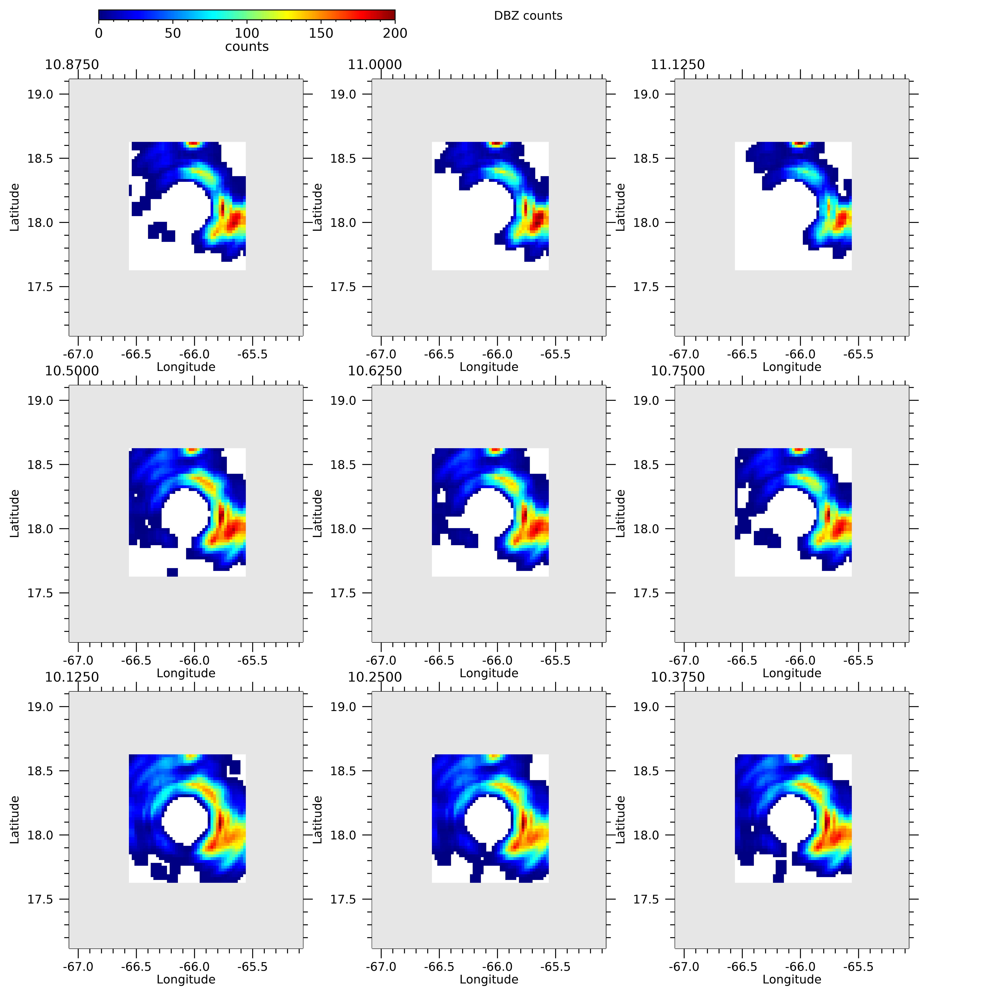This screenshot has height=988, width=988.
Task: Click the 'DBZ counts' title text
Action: click(x=528, y=16)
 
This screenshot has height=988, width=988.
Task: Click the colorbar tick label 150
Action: click(x=321, y=33)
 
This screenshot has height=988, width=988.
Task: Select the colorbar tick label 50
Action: click(x=173, y=33)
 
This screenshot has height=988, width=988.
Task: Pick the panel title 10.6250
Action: click(x=375, y=371)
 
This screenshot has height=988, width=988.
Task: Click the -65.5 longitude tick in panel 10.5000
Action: click(x=252, y=660)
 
